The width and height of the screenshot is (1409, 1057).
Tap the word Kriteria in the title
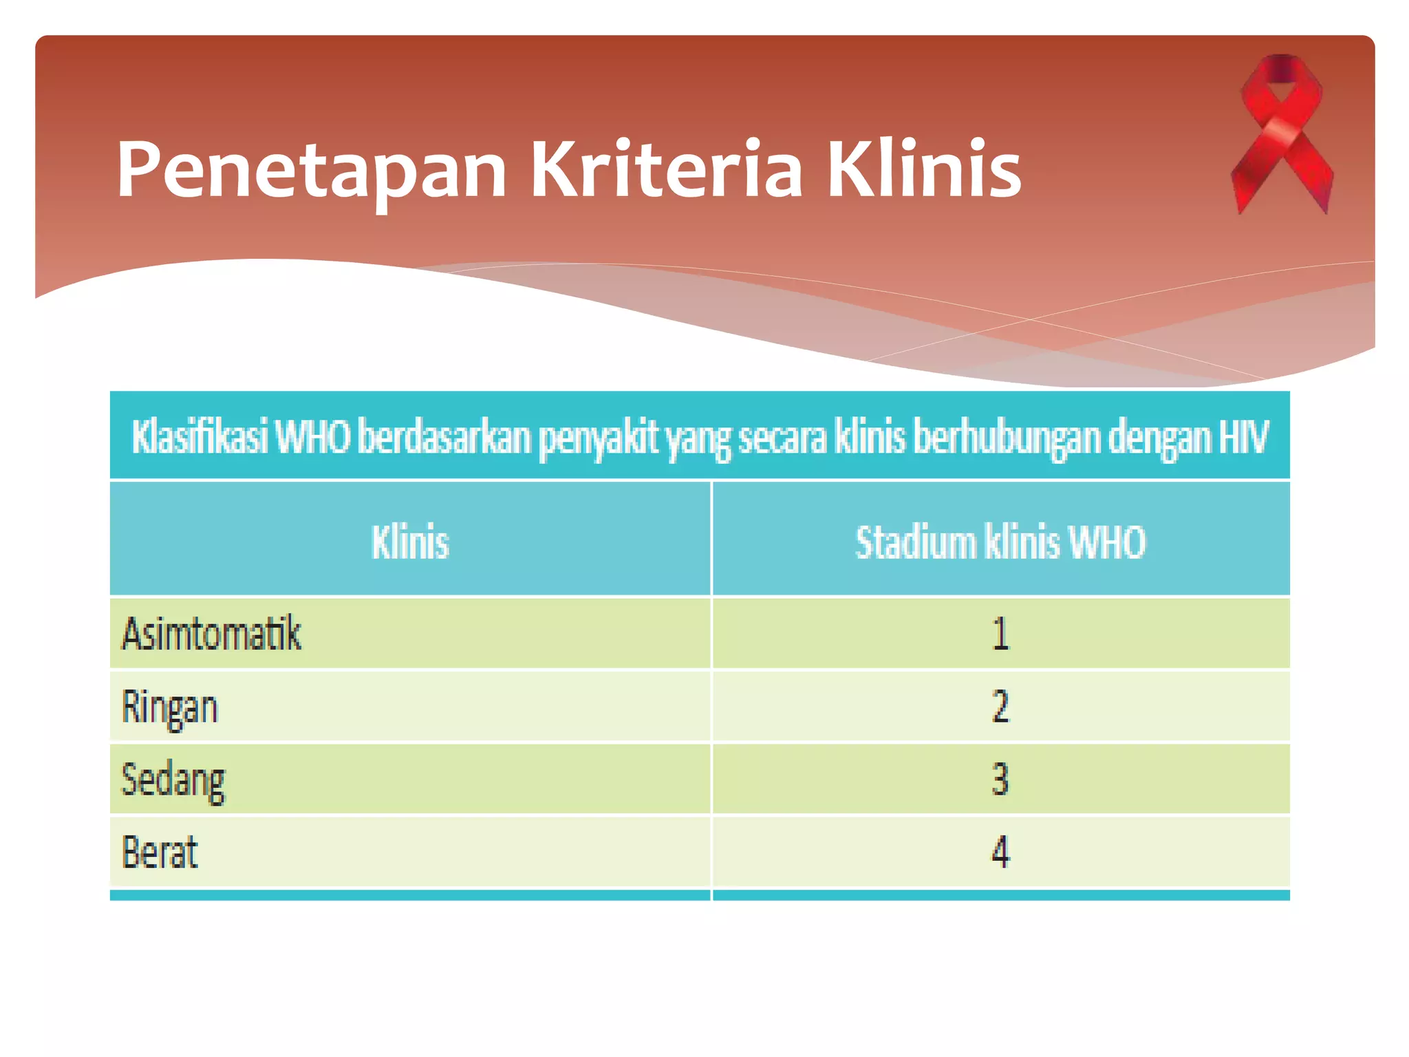(x=665, y=170)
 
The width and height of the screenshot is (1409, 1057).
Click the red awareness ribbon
(x=1282, y=134)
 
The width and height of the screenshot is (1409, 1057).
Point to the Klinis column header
(x=410, y=542)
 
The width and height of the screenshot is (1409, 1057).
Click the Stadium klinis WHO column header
(x=1000, y=542)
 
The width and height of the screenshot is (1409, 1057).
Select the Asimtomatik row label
(x=211, y=633)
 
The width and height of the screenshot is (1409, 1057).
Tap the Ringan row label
(x=169, y=707)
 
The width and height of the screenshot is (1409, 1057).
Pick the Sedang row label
(x=173, y=780)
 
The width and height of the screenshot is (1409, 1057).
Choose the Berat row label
(x=160, y=852)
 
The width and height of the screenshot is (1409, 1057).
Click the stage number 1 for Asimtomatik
(x=1000, y=634)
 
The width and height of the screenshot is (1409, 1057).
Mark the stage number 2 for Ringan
(x=1000, y=707)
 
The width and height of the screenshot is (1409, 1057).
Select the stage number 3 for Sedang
(x=1000, y=780)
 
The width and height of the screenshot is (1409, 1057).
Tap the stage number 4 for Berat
(x=1000, y=852)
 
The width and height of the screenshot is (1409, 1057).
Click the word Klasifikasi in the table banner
(x=200, y=437)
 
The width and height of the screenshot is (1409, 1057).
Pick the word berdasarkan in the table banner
(x=444, y=437)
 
